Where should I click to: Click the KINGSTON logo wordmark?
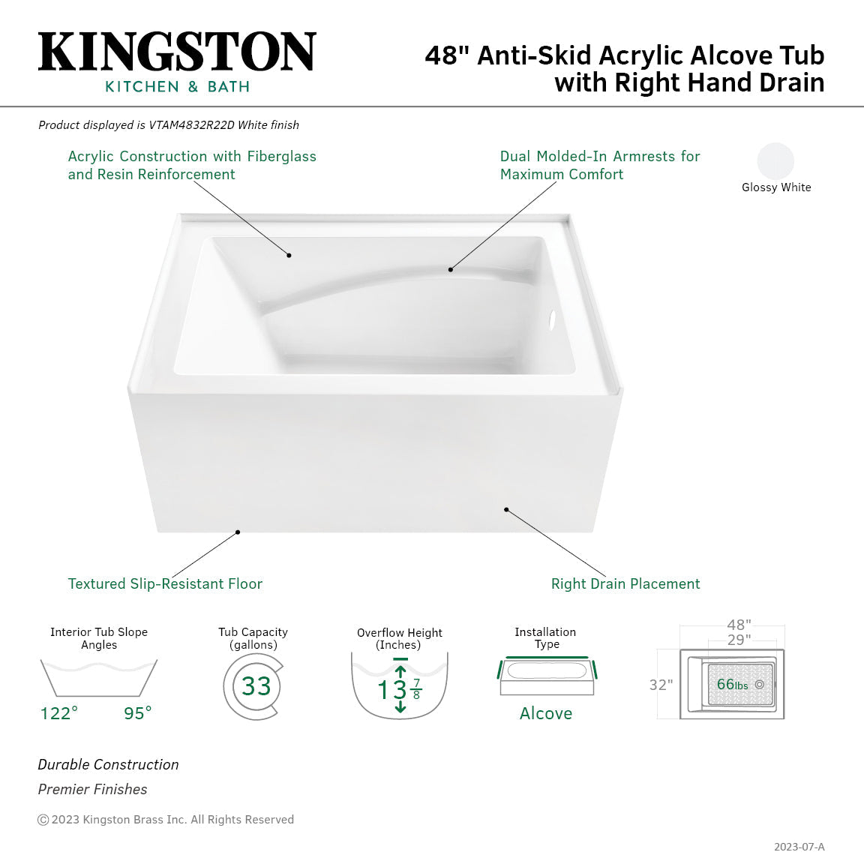pyautogui.click(x=177, y=52)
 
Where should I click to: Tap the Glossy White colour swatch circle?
pyautogui.click(x=775, y=160)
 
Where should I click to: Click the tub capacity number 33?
pyautogui.click(x=256, y=686)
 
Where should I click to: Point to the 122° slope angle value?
pyautogui.click(x=59, y=713)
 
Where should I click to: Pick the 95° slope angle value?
pyautogui.click(x=138, y=713)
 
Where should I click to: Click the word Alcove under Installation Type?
pyautogui.click(x=546, y=714)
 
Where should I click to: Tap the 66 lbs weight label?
pyautogui.click(x=731, y=685)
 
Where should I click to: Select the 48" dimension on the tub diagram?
pyautogui.click(x=739, y=625)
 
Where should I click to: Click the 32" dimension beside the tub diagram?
pyautogui.click(x=661, y=685)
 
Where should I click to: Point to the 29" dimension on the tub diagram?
pyautogui.click(x=739, y=640)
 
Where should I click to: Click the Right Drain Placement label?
pyautogui.click(x=625, y=584)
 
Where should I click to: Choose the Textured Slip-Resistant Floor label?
pyautogui.click(x=165, y=584)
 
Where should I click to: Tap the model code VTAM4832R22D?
pyautogui.click(x=191, y=125)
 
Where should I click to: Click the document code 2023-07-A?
pyautogui.click(x=799, y=847)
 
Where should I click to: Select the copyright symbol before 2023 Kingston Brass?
pyautogui.click(x=43, y=820)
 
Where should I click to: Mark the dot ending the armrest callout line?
pyautogui.click(x=451, y=269)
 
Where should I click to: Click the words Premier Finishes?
pyautogui.click(x=92, y=790)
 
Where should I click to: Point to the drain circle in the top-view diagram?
pyautogui.click(x=760, y=685)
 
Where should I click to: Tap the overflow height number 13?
pyautogui.click(x=392, y=689)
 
